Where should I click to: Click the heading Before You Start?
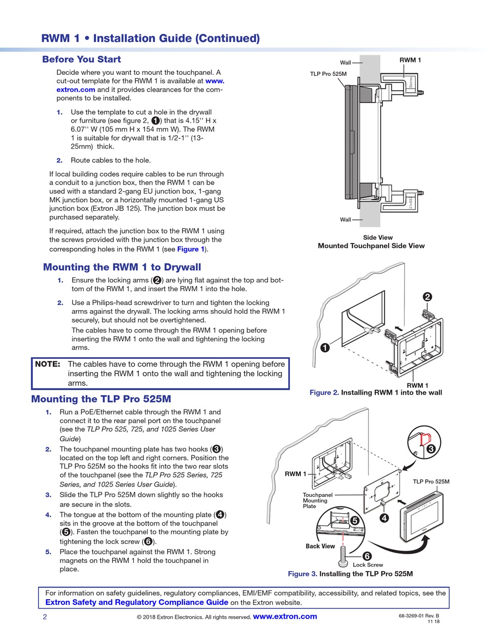[82, 59]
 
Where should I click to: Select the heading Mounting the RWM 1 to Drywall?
[122, 267]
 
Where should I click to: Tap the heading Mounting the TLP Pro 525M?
[101, 399]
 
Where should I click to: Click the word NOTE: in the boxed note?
[48, 364]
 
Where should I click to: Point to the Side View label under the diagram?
[378, 237]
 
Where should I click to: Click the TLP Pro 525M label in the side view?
[328, 74]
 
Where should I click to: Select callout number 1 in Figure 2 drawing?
[324, 348]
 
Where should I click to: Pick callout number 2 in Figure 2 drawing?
[427, 297]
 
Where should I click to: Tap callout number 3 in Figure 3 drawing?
[431, 449]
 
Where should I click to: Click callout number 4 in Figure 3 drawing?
[384, 518]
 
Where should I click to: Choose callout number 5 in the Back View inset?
[354, 520]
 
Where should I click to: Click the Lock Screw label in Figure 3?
[368, 565]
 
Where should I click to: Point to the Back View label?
[320, 546]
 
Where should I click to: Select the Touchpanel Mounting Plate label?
[317, 500]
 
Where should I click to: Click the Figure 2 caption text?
[376, 393]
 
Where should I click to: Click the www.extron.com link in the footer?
[285, 617]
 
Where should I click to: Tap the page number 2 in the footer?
[45, 617]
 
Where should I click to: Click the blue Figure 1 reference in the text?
[191, 249]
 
